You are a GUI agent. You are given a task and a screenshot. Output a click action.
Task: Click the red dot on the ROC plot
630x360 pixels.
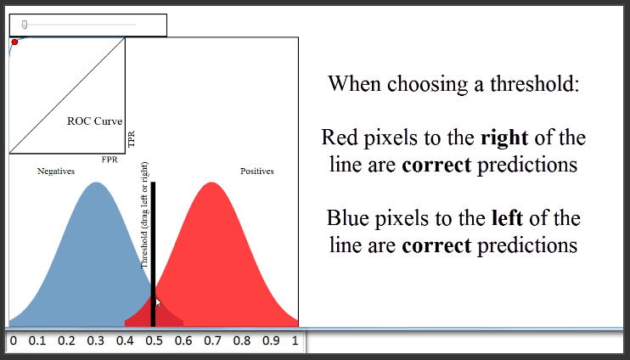14,42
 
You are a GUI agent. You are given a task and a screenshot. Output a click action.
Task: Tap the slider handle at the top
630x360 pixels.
25,25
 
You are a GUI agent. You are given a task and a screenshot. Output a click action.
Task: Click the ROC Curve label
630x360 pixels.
95,121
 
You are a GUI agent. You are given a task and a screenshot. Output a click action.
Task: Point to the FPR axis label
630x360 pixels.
110,160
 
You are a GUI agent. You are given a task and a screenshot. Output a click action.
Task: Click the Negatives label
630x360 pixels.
56,172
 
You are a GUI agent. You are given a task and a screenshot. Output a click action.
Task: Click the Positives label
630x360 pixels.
257,172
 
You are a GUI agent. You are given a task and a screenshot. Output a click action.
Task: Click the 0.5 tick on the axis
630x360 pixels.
154,341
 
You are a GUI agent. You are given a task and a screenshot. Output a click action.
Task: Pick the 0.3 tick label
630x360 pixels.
95,341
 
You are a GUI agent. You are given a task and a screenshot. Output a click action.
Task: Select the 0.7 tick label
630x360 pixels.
212,341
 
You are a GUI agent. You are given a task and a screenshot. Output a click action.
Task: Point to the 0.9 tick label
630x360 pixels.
270,341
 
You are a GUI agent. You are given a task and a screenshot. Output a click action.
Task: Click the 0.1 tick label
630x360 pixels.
37,341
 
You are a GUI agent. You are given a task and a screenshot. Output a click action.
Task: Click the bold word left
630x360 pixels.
508,218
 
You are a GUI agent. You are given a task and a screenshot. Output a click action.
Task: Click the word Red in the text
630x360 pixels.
340,138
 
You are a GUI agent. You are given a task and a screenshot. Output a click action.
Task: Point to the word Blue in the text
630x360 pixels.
348,218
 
